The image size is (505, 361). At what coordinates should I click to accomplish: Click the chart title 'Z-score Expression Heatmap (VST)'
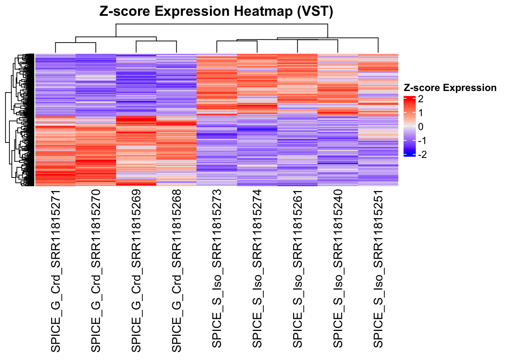[216, 11]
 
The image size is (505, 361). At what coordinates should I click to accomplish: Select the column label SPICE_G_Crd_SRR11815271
[56, 270]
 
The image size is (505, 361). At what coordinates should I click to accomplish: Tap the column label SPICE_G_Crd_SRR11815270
[96, 270]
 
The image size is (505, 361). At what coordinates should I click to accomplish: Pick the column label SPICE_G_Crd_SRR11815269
[136, 270]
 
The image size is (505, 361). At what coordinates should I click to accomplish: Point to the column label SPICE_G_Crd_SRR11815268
[177, 270]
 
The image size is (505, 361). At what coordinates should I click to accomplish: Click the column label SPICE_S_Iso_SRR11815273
[217, 268]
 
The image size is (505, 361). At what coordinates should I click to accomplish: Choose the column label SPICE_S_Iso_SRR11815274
[257, 268]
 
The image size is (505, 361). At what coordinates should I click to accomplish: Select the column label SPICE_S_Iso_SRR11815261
[297, 268]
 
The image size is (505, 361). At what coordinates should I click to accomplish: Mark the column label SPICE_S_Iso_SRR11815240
[338, 268]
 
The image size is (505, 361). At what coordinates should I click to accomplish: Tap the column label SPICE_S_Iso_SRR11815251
[378, 268]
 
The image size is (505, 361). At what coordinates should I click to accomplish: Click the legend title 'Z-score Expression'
[450, 88]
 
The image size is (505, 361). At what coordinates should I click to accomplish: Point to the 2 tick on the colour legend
[420, 99]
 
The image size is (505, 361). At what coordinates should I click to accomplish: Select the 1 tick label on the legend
[420, 113]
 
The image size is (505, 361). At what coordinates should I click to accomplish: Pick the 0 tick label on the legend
[420, 127]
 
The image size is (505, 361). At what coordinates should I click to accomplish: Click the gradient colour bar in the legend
[410, 126]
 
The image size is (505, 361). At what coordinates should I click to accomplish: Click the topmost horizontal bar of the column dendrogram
[222, 24]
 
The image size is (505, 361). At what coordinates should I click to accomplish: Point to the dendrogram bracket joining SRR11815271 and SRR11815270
[76, 43]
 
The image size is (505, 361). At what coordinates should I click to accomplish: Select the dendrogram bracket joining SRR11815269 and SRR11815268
[156, 41]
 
